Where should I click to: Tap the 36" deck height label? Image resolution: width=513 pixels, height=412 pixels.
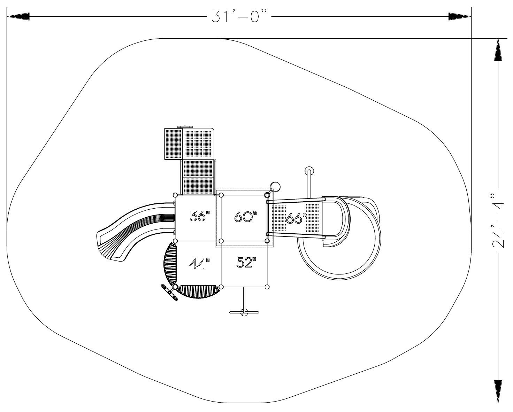pos(200,216)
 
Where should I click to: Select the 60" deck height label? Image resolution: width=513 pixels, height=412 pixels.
pos(246,216)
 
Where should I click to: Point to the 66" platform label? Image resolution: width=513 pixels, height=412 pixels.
pos(296,218)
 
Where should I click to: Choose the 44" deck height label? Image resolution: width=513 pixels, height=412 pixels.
pos(199,264)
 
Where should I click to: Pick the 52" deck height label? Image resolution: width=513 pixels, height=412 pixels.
pos(246,262)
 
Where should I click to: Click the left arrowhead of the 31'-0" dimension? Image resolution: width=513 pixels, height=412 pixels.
pos(18,16)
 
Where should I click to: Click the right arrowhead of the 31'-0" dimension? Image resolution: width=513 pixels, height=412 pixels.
pos(460,16)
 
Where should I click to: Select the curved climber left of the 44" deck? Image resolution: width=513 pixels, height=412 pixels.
pos(170,264)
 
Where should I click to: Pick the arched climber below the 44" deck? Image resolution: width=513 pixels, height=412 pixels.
pos(199,291)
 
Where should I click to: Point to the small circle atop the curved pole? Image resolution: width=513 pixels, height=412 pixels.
pos(309,171)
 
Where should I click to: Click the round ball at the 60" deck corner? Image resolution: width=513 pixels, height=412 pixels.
pos(275,187)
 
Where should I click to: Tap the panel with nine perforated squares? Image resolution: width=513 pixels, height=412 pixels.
pos(199,144)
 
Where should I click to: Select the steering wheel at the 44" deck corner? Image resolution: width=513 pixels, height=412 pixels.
pos(169,292)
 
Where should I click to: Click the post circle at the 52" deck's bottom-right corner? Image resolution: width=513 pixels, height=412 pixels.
pos(267,287)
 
